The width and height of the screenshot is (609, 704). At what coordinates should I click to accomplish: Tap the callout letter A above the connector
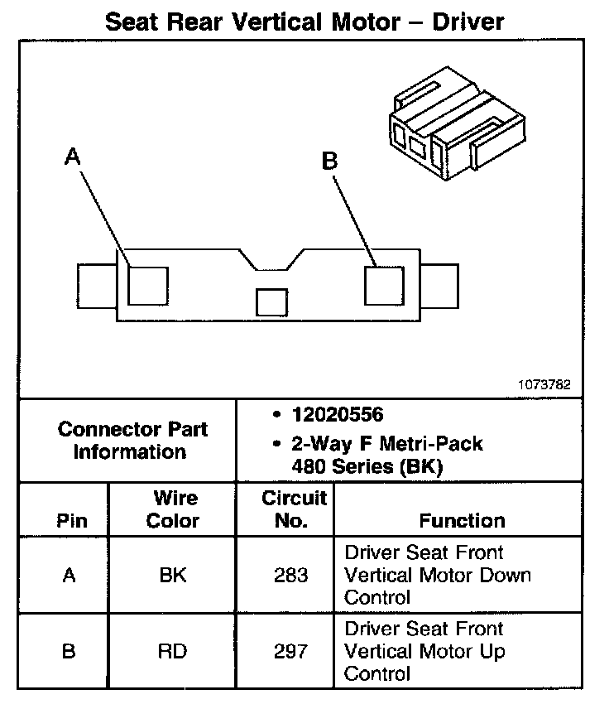(74, 157)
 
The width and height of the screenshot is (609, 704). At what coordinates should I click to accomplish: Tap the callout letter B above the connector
(329, 161)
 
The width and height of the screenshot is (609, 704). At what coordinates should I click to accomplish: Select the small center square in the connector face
(271, 301)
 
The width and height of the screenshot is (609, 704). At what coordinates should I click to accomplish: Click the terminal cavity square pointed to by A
(148, 285)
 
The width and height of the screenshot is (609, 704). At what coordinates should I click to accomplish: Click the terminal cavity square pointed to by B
(384, 285)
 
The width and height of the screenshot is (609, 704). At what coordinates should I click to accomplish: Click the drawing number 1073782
(544, 384)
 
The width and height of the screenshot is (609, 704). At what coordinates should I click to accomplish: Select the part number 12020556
(337, 414)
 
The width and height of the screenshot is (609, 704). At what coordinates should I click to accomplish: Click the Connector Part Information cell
(132, 441)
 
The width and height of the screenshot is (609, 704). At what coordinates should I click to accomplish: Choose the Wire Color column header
(173, 509)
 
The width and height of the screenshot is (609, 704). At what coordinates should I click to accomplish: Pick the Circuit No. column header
(295, 509)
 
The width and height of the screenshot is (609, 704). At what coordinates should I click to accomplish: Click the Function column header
(462, 521)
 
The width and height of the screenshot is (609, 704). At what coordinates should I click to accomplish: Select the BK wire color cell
(173, 575)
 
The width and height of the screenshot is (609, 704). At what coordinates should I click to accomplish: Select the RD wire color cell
(173, 651)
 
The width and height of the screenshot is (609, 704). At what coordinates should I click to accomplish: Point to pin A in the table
(70, 575)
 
